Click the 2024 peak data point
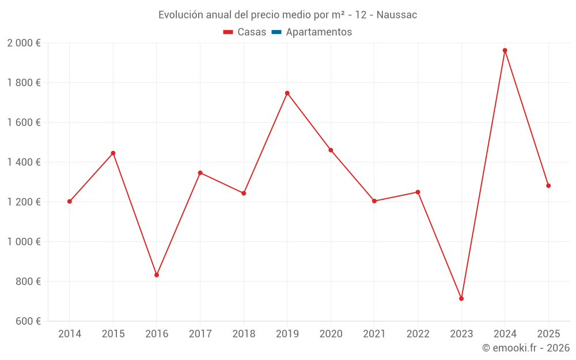pos(505,50)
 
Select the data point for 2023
pos(461,298)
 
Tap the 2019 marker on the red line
pos(287,93)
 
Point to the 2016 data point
pos(157,275)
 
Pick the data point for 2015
pos(113,153)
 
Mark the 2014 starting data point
pos(70,202)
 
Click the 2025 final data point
pos(548,185)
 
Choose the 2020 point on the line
pos(331,150)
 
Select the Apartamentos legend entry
pos(319,32)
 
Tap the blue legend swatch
pos(276,32)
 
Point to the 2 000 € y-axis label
pos(24,43)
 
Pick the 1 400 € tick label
pos(24,162)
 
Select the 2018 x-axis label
pos(244,334)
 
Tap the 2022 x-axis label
pos(418,334)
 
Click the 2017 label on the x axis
pos(200,334)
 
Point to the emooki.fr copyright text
pos(526,348)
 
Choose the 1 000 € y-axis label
pos(24,242)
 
